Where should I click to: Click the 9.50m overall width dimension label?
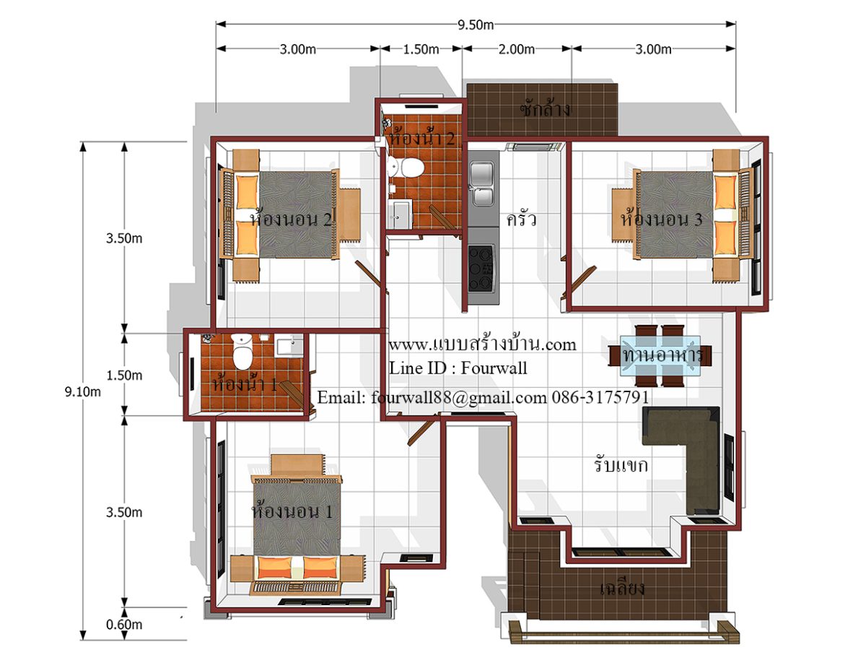tap(476, 25)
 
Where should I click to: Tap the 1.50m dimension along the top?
tap(421, 49)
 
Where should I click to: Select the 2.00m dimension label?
tap(517, 49)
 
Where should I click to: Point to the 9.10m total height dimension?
tap(83, 392)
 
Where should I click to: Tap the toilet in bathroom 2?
tap(409, 168)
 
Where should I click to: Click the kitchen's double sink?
tap(482, 183)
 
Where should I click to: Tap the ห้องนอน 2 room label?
tap(290, 219)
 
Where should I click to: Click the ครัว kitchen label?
tap(521, 219)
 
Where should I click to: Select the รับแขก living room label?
tap(621, 464)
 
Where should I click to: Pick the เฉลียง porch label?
tap(622, 588)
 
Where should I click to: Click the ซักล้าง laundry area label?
tap(544, 109)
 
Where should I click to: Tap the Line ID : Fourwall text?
tap(458, 368)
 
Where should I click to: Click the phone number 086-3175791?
tap(600, 397)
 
